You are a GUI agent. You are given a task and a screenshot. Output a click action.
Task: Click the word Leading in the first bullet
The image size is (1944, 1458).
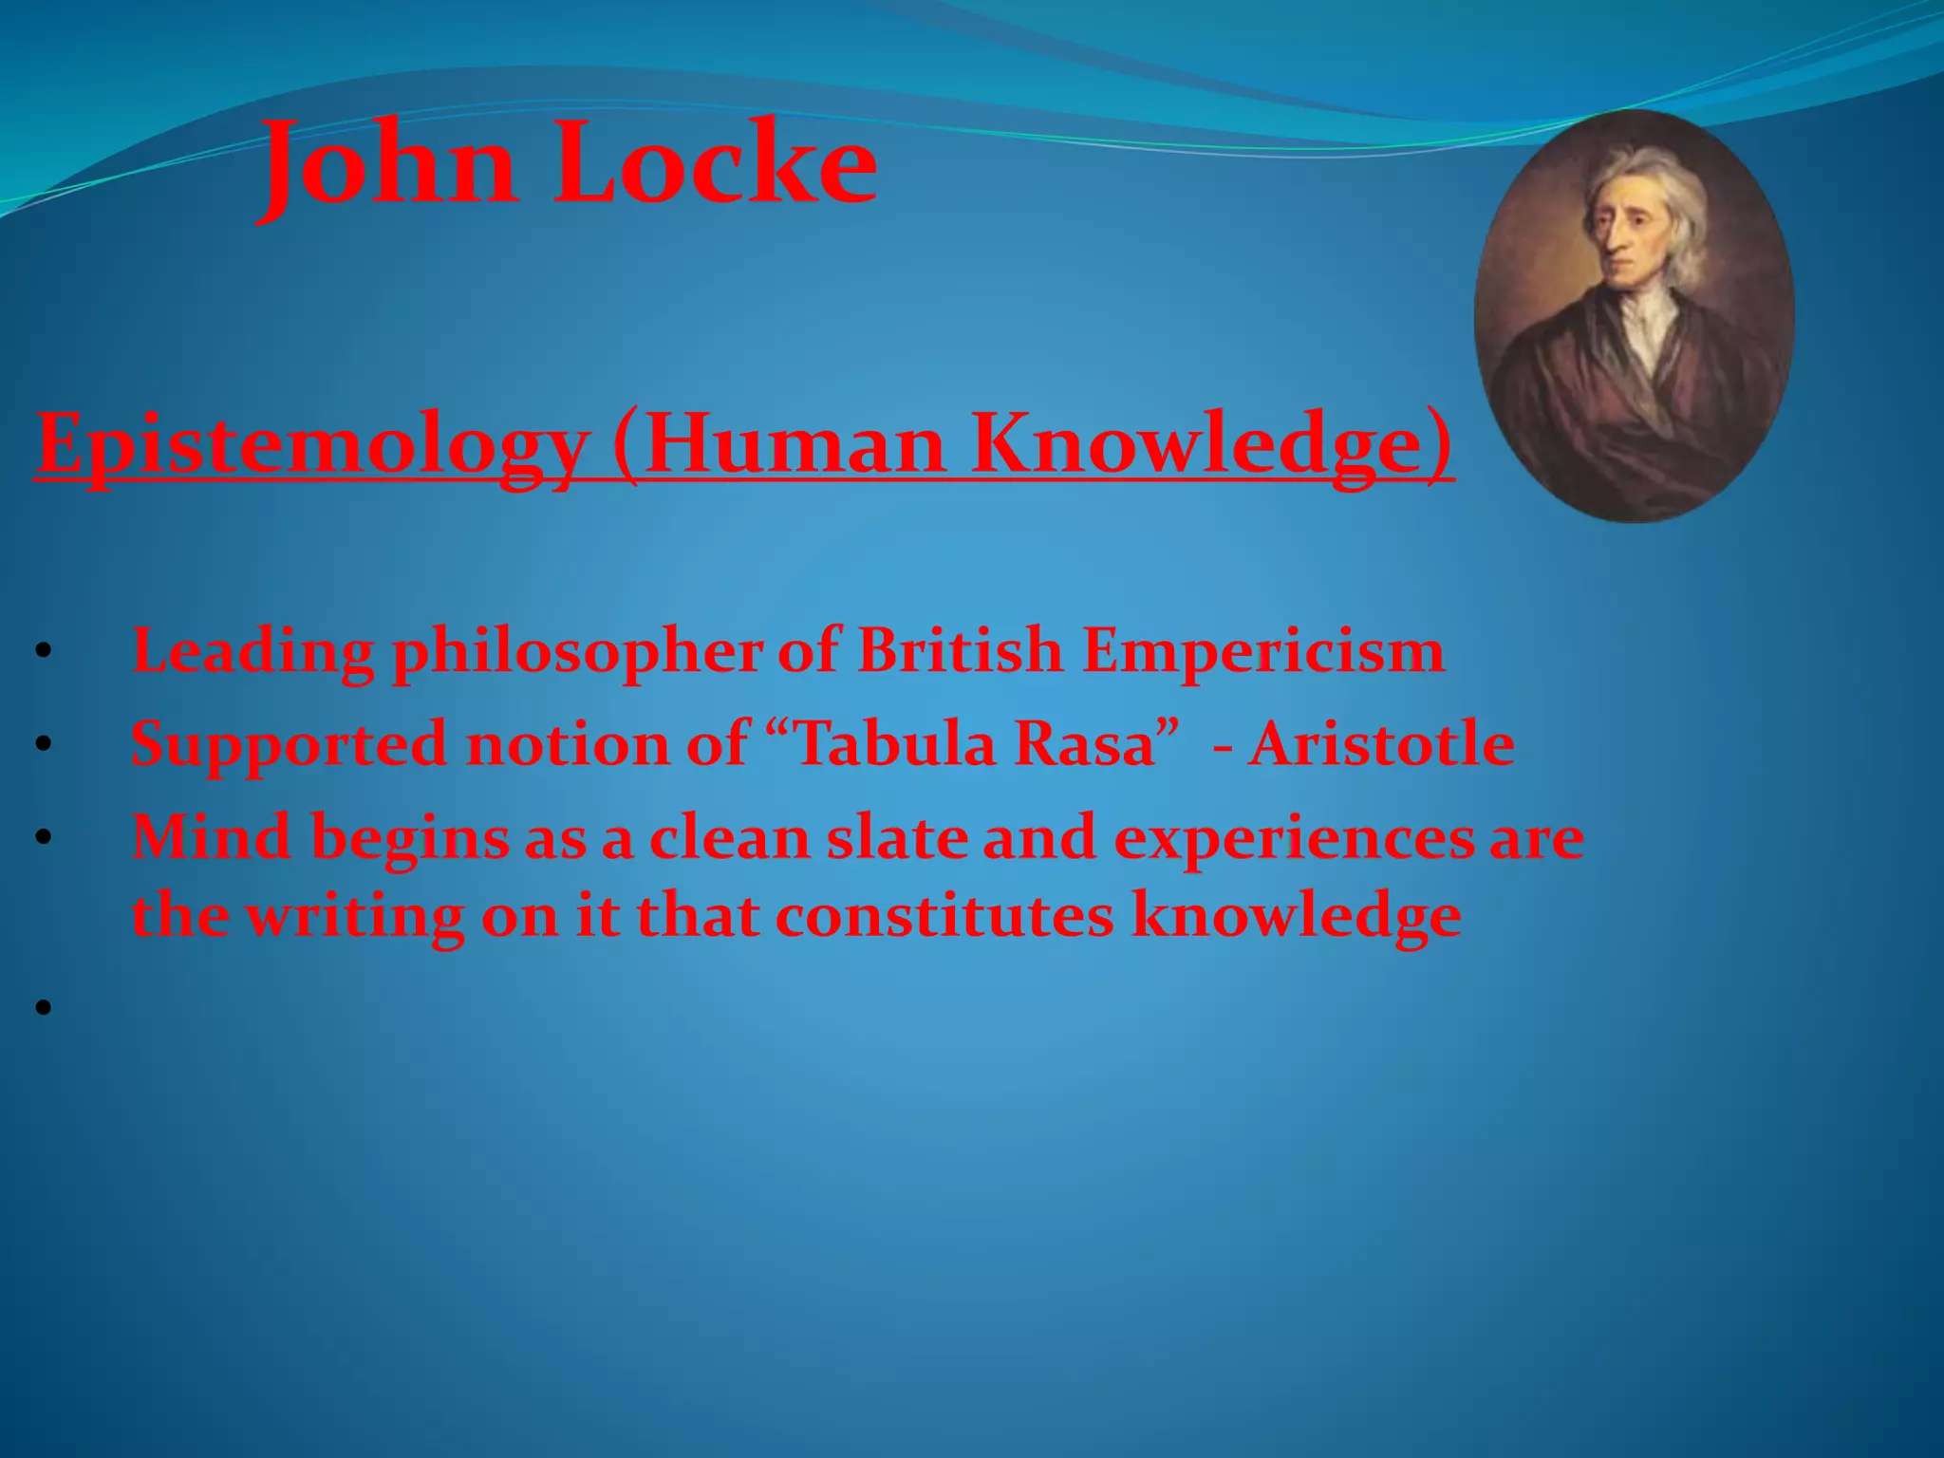coord(252,651)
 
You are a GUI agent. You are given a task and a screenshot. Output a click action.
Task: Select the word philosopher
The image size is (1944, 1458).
coord(577,653)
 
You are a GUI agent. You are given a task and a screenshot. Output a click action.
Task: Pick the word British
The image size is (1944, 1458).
coord(960,651)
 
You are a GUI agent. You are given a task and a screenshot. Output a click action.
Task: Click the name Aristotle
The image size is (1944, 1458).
coord(1382,743)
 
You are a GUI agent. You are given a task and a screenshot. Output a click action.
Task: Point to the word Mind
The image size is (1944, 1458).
coord(211,837)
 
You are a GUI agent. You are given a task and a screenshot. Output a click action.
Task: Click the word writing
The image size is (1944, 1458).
coord(356,918)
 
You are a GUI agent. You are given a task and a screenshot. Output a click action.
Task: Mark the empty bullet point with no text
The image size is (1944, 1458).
coord(43,1007)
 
